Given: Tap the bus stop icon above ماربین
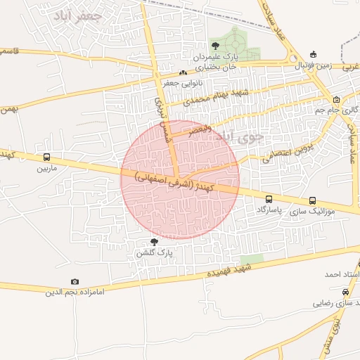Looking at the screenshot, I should point(46,158).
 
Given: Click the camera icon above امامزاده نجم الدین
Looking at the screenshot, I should point(75,282).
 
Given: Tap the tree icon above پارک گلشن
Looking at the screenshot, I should point(155,241).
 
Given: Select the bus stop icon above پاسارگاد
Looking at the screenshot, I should point(269,200).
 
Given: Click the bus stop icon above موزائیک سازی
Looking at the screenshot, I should point(312,200).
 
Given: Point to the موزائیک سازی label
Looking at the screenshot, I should point(310,210).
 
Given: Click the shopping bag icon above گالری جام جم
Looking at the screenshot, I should point(336,99).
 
